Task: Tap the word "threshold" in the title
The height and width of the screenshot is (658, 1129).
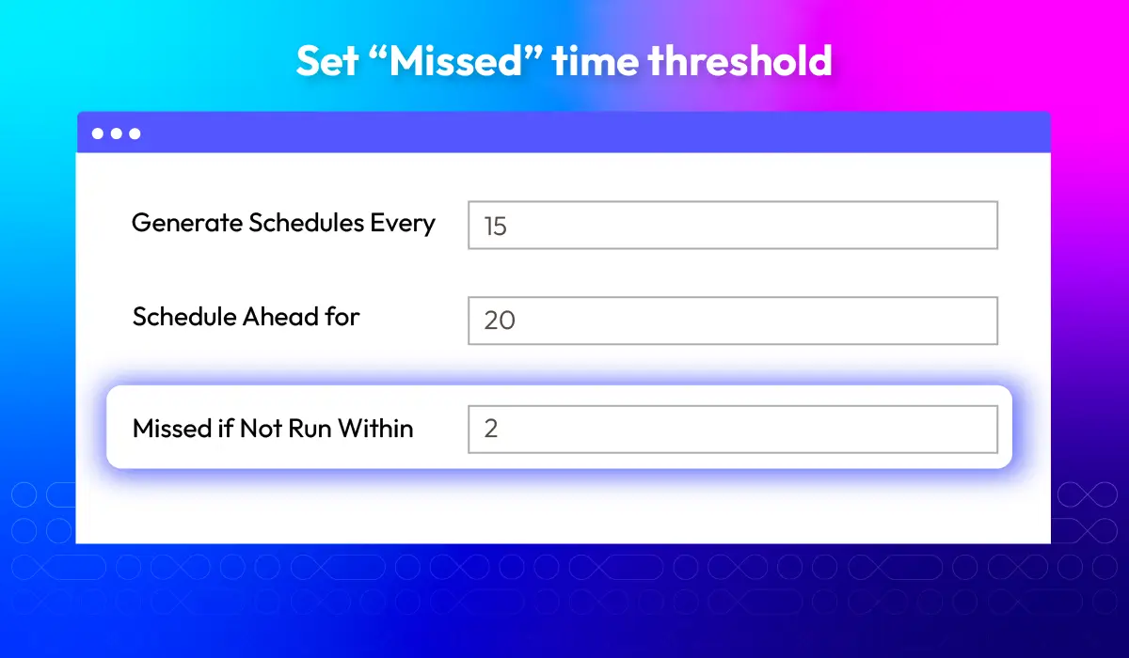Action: pyautogui.click(x=739, y=60)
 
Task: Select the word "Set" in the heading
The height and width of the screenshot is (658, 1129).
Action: pyautogui.click(x=327, y=61)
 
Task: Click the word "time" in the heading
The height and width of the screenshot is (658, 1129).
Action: pyautogui.click(x=596, y=61)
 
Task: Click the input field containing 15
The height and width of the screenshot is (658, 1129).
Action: pyautogui.click(x=733, y=225)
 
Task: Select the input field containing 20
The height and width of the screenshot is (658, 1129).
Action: pyautogui.click(x=733, y=321)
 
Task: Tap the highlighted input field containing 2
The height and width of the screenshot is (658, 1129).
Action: pyautogui.click(x=733, y=430)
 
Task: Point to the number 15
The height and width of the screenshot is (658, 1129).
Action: pyautogui.click(x=496, y=226)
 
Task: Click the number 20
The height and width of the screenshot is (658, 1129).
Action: pyautogui.click(x=500, y=321)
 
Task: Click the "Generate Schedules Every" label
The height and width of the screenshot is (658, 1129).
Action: pyautogui.click(x=283, y=223)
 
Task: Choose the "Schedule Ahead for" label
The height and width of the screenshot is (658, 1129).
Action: pyautogui.click(x=246, y=317)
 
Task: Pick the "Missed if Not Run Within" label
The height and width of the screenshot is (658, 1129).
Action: pyautogui.click(x=273, y=429)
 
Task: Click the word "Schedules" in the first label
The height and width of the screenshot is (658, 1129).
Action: pyautogui.click(x=306, y=222)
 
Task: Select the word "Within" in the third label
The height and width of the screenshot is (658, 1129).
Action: pyautogui.click(x=375, y=429)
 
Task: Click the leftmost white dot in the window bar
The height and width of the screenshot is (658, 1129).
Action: pyautogui.click(x=98, y=133)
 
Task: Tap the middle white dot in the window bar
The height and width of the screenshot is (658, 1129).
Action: pyautogui.click(x=117, y=133)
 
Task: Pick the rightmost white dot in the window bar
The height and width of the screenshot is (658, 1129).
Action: pyautogui.click(x=135, y=133)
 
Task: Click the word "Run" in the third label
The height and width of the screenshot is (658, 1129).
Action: pyautogui.click(x=310, y=429)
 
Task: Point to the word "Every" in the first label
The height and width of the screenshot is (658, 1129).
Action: pyautogui.click(x=403, y=224)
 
